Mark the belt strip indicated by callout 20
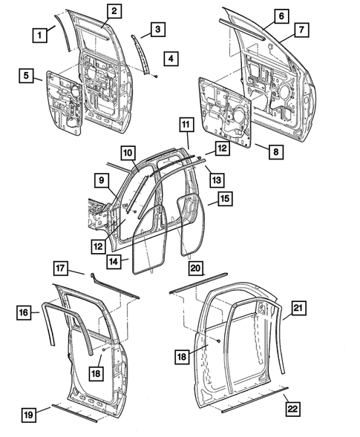click(x=194, y=289)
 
